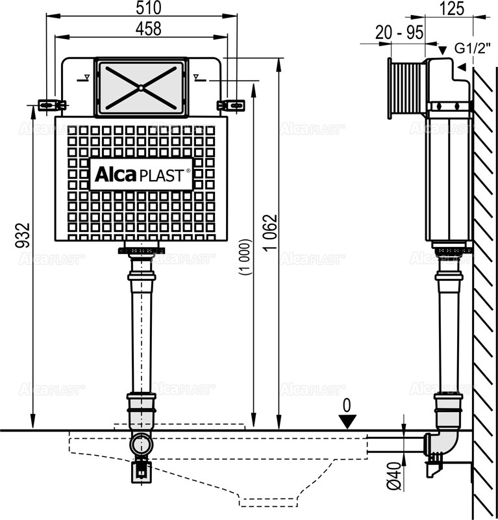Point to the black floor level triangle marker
coord(347,422)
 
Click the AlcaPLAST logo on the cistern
coord(142,174)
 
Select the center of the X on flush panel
coord(140,87)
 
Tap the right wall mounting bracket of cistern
coord(232,104)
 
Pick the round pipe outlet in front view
coord(140,445)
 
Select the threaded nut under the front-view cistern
coord(142,251)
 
